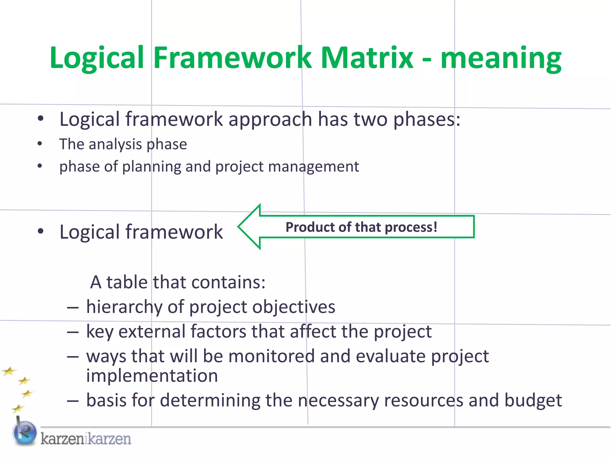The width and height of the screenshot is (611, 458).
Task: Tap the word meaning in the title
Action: (x=501, y=58)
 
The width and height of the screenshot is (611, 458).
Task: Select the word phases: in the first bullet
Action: (x=427, y=119)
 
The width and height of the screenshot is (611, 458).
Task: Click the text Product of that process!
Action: (x=361, y=227)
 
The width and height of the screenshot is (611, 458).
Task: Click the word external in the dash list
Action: (x=152, y=331)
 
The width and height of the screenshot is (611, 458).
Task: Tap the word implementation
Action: (x=152, y=376)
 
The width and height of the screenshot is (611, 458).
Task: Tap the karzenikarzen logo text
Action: (x=86, y=439)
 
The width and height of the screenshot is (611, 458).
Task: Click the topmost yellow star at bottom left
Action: (x=9, y=372)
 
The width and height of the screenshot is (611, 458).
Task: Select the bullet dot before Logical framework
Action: (x=41, y=231)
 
